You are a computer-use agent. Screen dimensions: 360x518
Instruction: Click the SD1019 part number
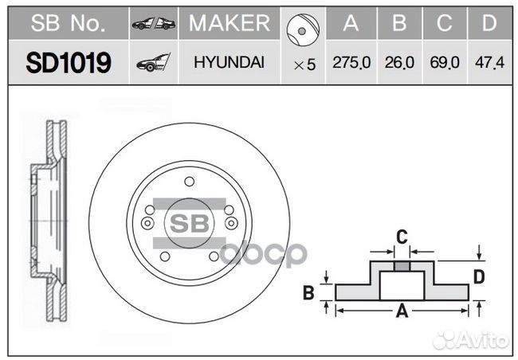click(68, 63)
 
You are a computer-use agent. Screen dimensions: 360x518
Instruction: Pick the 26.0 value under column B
click(399, 64)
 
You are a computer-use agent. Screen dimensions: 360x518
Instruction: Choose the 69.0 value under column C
click(445, 64)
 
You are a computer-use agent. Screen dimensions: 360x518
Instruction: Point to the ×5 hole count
click(304, 65)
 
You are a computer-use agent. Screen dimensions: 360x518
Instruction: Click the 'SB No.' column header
click(68, 24)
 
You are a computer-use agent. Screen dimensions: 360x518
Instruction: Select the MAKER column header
click(230, 24)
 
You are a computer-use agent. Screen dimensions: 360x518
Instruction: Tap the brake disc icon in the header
click(304, 29)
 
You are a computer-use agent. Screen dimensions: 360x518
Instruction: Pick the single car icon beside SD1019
click(153, 63)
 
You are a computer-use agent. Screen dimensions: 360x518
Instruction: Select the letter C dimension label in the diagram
click(402, 237)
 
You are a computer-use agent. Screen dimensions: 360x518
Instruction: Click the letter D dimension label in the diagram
click(479, 277)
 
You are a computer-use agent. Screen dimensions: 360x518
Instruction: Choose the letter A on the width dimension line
click(402, 311)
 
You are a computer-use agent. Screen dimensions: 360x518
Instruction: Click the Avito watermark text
click(480, 340)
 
